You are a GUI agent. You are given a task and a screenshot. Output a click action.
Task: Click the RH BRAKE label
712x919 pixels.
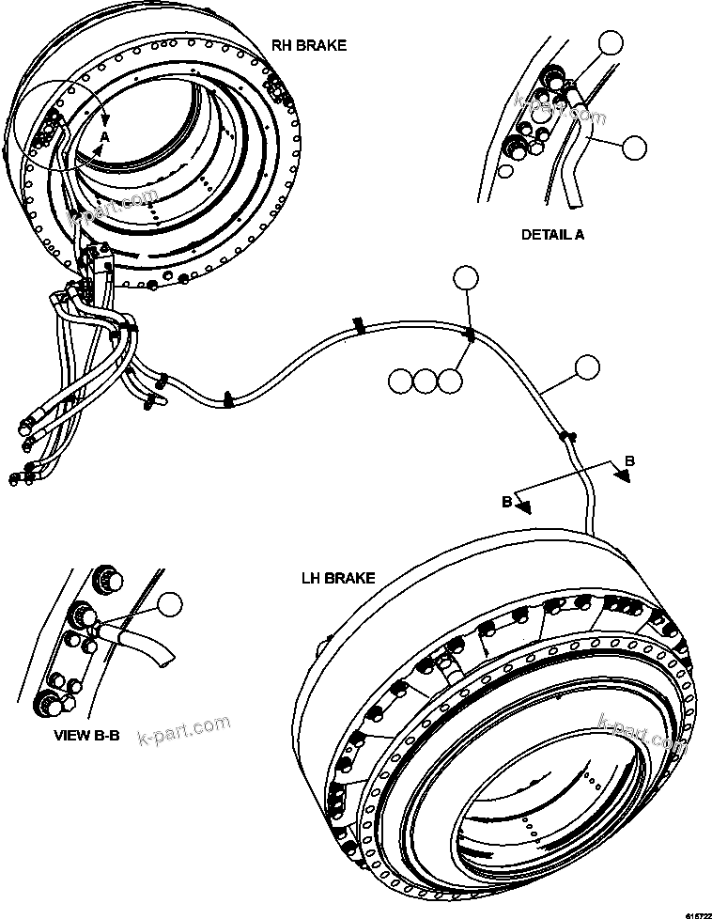[308, 45]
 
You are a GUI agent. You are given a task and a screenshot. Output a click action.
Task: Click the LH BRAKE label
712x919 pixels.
[337, 578]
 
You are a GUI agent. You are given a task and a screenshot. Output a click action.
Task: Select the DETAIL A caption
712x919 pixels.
[552, 235]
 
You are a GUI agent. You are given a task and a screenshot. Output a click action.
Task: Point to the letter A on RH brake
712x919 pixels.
[104, 137]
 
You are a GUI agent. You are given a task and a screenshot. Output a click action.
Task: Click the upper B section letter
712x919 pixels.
[629, 461]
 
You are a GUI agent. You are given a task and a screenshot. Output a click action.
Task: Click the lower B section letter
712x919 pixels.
[506, 502]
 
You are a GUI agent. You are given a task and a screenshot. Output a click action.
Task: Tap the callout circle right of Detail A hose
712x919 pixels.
[635, 146]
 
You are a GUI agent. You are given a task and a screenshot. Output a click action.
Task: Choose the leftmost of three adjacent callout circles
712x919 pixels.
[400, 381]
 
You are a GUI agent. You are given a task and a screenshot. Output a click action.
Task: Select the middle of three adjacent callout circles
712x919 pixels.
[426, 381]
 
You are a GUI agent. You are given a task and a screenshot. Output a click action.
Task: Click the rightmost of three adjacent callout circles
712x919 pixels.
[451, 381]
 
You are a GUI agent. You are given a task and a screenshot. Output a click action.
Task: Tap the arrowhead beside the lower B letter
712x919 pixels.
[524, 506]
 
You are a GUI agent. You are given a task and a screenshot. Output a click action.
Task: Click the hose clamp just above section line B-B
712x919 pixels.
[566, 435]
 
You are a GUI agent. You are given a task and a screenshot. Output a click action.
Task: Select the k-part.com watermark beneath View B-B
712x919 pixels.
[183, 728]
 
